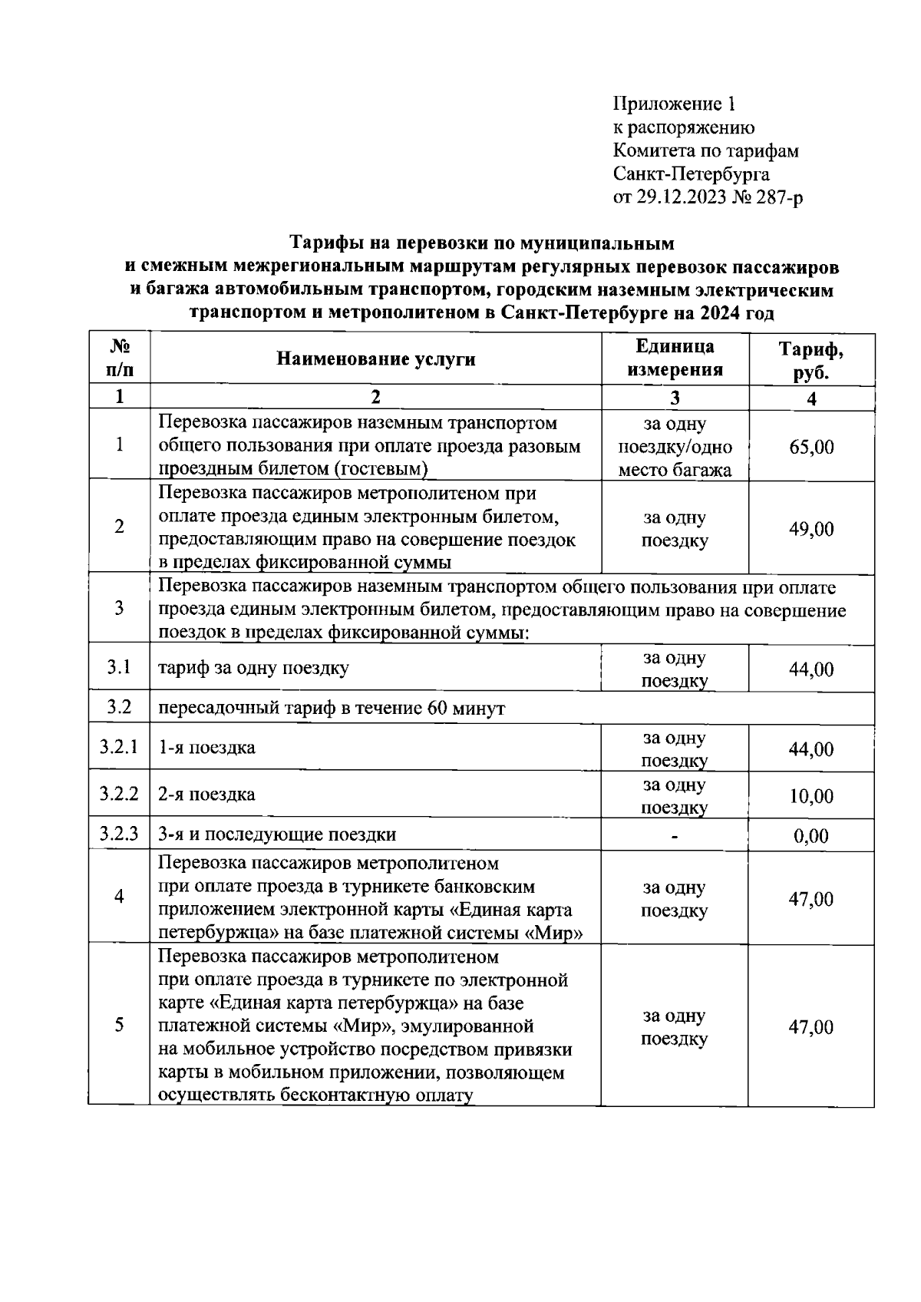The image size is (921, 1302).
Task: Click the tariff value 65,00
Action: point(811,447)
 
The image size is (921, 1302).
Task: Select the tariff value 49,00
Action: point(811,529)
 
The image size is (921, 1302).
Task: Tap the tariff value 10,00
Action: point(811,796)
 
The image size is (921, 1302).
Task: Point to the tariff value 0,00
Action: point(811,836)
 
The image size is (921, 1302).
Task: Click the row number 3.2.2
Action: point(119,794)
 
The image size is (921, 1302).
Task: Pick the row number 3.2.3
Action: point(119,834)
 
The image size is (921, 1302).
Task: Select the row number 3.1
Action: point(119,666)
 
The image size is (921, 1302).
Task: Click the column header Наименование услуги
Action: point(375,359)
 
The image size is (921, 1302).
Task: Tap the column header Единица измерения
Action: point(675,359)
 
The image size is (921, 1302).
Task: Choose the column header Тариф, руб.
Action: point(811,360)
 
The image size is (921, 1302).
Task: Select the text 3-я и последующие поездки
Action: point(277,834)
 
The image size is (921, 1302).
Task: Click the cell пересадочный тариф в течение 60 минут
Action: point(332,708)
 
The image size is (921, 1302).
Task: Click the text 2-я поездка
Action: point(206,794)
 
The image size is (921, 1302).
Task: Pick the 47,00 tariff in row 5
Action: point(811,1027)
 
